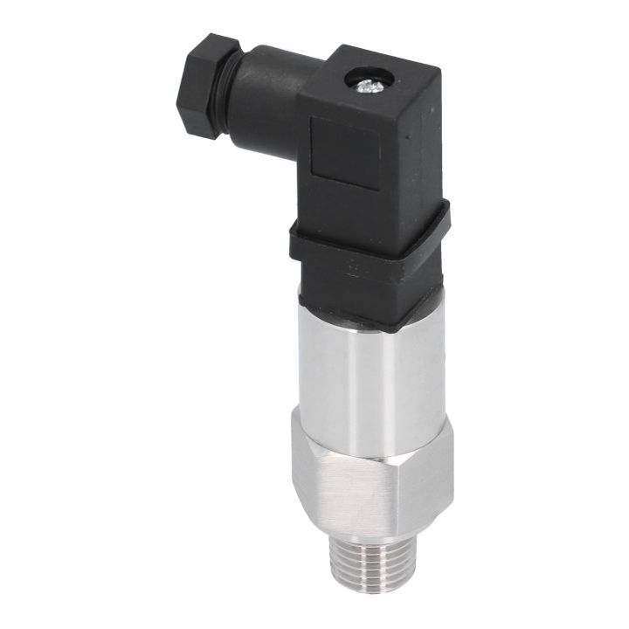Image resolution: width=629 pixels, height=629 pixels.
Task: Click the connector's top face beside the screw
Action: [393, 74]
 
